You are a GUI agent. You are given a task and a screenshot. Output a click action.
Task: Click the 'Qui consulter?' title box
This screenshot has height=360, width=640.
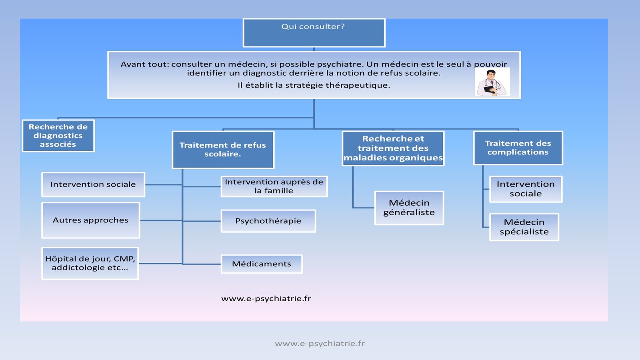[314, 32]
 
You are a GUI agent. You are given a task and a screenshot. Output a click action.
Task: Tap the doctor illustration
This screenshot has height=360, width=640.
[492, 82]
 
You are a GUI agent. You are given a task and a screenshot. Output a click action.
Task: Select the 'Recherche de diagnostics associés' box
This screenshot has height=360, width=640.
[58, 136]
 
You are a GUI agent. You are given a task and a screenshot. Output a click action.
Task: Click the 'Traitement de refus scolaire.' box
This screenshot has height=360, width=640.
[223, 150]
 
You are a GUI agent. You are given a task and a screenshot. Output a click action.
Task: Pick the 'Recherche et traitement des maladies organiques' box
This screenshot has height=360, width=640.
[393, 148]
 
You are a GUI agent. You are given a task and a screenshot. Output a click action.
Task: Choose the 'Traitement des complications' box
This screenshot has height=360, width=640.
[518, 148]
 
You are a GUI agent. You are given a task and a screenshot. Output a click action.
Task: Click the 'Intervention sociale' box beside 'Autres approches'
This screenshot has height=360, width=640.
[93, 184]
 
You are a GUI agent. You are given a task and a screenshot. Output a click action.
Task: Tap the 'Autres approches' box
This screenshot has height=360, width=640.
[91, 220]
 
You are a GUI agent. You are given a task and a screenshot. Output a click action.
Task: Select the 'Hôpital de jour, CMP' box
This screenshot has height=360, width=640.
[90, 263]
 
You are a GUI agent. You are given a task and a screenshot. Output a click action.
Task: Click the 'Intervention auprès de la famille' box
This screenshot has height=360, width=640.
[274, 186]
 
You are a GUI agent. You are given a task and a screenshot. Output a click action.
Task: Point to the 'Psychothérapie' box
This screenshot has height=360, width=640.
[268, 221]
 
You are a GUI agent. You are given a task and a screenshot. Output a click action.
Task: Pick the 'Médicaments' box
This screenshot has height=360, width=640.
[262, 264]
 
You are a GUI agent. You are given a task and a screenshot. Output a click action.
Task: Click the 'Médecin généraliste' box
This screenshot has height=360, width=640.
[409, 208]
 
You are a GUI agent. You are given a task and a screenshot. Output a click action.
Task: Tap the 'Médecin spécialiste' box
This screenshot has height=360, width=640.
[524, 227]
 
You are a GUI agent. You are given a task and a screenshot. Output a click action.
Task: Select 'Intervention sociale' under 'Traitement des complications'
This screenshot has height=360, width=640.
[526, 189]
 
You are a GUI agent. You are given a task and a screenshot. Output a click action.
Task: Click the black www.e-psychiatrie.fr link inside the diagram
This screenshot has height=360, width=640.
[266, 298]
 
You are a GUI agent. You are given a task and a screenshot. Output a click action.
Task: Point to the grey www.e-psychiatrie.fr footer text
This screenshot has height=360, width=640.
[320, 343]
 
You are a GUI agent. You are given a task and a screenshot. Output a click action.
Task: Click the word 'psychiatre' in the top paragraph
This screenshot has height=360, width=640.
[340, 64]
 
